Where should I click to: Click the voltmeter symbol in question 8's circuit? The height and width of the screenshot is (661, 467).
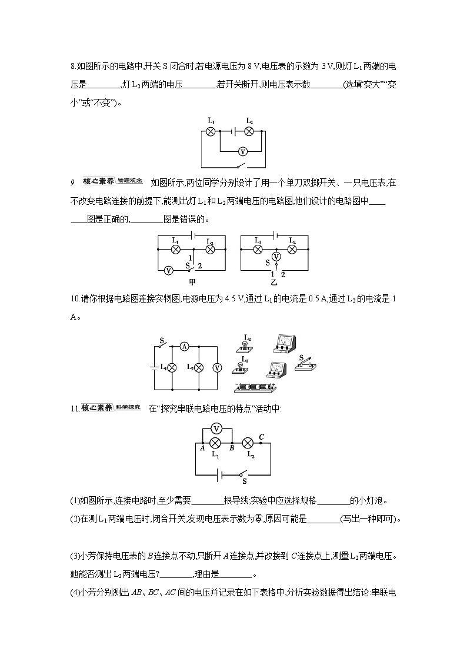pyautogui.click(x=241, y=151)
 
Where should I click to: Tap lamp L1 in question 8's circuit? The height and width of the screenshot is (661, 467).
pyautogui.click(x=210, y=131)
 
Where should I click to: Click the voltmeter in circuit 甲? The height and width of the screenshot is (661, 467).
pyautogui.click(x=168, y=270)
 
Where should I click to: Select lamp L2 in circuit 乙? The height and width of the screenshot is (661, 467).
pyautogui.click(x=292, y=249)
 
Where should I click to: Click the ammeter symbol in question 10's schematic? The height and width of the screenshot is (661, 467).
pyautogui.click(x=184, y=347)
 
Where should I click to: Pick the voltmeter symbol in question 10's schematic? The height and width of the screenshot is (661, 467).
pyautogui.click(x=217, y=367)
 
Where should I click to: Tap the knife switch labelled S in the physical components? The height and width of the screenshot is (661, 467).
pyautogui.click(x=305, y=364)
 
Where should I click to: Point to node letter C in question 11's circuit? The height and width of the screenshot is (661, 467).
pyautogui.click(x=261, y=436)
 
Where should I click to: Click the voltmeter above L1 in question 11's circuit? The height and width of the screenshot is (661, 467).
pyautogui.click(x=216, y=429)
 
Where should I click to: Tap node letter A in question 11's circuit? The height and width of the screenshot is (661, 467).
pyautogui.click(x=202, y=448)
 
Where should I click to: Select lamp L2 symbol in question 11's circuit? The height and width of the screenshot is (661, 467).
pyautogui.click(x=248, y=443)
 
